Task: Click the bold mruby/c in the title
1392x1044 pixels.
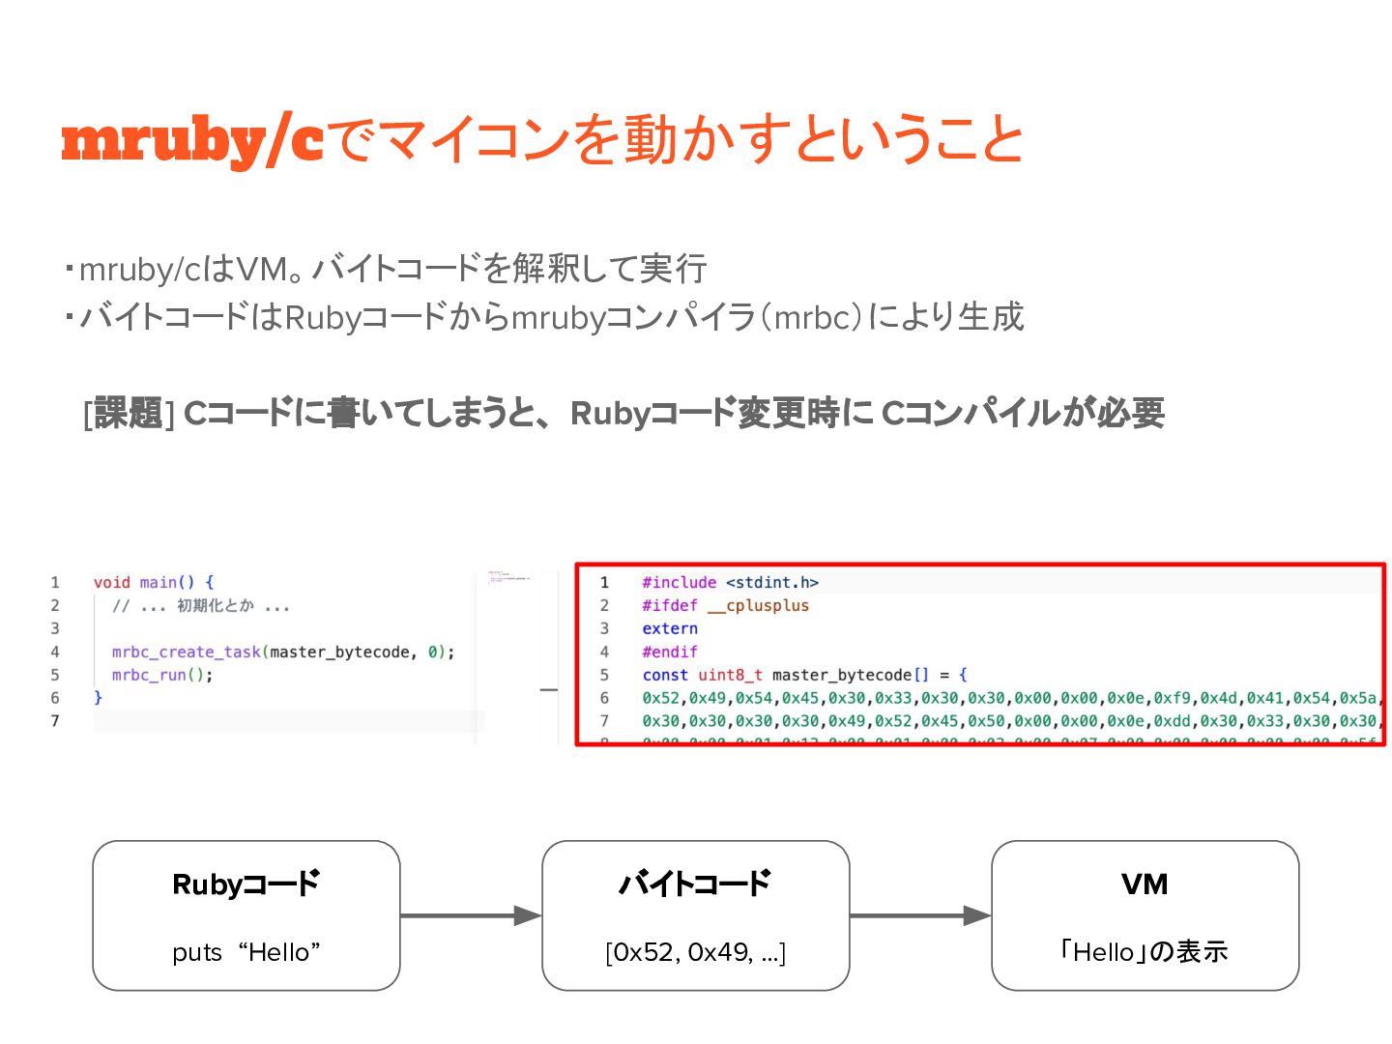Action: point(191,140)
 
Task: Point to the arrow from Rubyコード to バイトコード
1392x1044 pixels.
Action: point(471,915)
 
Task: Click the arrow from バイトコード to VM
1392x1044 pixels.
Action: point(920,915)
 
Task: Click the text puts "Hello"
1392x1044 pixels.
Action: point(246,953)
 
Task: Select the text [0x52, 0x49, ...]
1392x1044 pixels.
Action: point(695,953)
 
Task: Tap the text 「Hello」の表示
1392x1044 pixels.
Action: point(1145,952)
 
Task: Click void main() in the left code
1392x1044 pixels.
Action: point(144,582)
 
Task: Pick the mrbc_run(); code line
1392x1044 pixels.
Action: point(161,675)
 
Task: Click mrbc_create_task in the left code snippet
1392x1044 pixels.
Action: point(186,652)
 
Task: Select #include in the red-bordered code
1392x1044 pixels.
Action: point(679,582)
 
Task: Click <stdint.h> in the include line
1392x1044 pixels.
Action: point(771,582)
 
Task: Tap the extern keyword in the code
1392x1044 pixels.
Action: point(669,628)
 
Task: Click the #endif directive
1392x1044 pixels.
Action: point(669,652)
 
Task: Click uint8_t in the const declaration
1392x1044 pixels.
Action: point(730,675)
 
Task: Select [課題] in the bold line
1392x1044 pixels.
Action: point(129,414)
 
